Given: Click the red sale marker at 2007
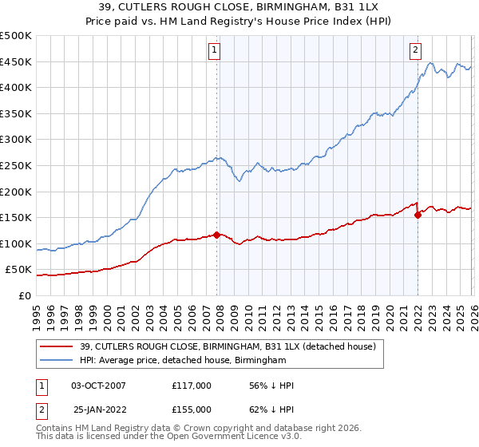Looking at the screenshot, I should (x=216, y=235).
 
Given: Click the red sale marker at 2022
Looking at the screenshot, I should (x=418, y=215).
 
